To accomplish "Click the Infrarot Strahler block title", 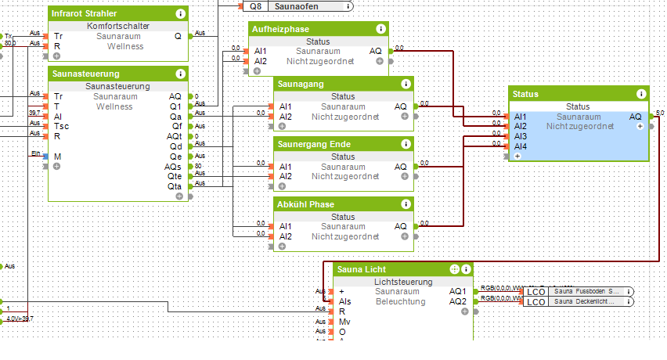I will [85, 14].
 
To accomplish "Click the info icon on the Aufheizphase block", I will [381, 29].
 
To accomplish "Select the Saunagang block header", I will [299, 84].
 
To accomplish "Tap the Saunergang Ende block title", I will [312, 144].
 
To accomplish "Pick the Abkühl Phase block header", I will [305, 204].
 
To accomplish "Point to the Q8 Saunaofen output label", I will [296, 6].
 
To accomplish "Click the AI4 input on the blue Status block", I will [521, 146].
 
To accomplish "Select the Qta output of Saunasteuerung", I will [175, 186].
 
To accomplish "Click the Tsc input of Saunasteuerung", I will [61, 126].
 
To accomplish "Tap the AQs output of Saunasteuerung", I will [175, 166].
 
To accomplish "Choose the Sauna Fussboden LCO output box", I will [579, 291].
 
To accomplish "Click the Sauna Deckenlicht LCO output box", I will [579, 301].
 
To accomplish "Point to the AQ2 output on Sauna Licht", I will [458, 301].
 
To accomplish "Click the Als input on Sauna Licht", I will [344, 301].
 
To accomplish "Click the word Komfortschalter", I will [118, 26].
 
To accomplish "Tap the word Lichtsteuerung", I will [403, 282].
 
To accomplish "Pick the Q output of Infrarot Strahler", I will [178, 36].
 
